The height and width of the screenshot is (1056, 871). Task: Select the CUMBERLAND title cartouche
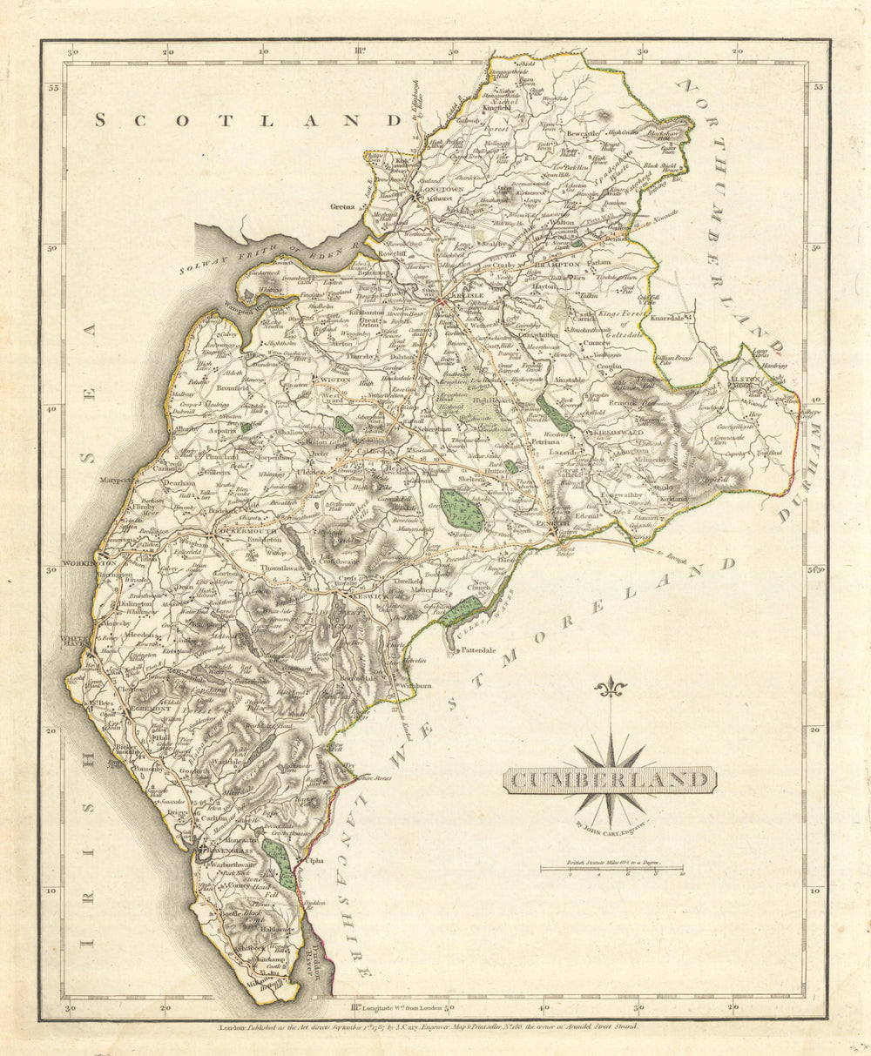[610, 780]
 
